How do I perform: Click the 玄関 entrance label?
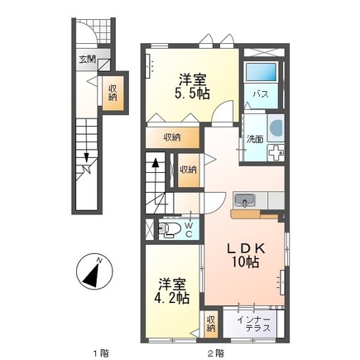tap(87, 59)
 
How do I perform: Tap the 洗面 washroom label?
tap(252, 139)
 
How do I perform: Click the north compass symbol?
tap(94, 271)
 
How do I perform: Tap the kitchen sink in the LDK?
tap(246, 201)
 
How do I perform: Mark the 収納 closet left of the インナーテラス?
tap(210, 322)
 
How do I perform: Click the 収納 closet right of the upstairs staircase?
tap(189, 169)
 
